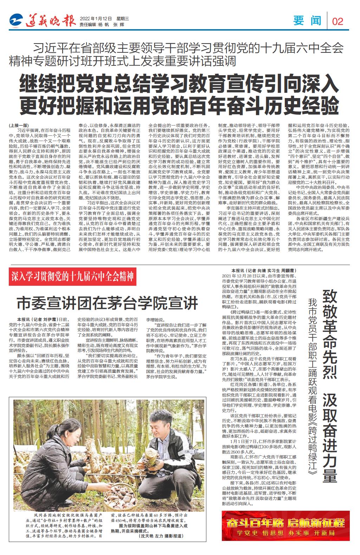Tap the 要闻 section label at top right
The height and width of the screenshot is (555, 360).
[x=308, y=21]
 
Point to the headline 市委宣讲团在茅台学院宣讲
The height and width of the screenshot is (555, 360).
[x=108, y=302]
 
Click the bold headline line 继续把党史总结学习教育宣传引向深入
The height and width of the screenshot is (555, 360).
[x=180, y=81]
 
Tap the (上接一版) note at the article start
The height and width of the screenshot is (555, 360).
[x=19, y=125]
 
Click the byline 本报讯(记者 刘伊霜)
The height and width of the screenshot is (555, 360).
[x=37, y=319]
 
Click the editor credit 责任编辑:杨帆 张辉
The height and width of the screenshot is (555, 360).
[x=102, y=25]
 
